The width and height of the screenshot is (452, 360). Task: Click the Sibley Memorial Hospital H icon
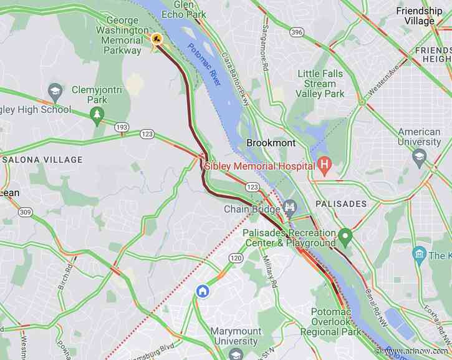coord(324,165)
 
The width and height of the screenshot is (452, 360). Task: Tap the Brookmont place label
coord(271,143)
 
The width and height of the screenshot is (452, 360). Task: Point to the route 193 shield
coord(122,127)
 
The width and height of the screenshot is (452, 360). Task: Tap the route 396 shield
coord(296,31)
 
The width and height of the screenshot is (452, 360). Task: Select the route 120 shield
coord(235,258)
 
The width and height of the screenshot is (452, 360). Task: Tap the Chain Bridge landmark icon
coord(289,208)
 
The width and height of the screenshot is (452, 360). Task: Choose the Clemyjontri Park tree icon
coord(97,114)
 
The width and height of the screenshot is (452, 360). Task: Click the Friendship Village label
coord(419,16)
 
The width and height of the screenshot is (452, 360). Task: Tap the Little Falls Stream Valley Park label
coord(320,84)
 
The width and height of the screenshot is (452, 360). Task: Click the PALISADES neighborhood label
coord(341,204)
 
